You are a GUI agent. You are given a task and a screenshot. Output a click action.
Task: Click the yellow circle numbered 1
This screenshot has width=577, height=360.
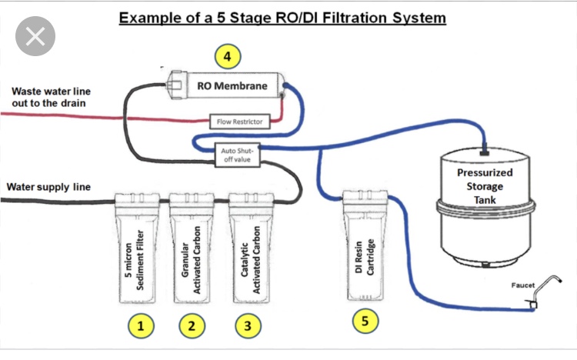140,325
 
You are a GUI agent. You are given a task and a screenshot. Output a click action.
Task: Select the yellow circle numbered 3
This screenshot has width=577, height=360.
247,325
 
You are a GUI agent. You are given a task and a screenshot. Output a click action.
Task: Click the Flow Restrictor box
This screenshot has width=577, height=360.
238,121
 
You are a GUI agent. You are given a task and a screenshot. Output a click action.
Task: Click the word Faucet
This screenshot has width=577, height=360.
523,285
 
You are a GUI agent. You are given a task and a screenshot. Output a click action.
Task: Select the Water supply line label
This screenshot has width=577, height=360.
48,187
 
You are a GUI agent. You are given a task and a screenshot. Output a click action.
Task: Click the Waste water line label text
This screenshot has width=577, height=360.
48,97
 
